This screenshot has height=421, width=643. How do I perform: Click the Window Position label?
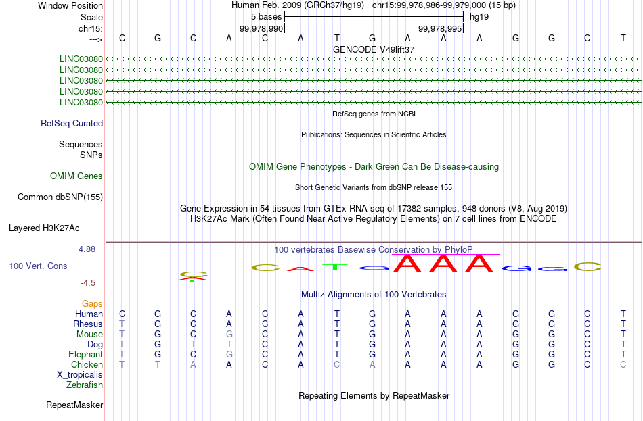tap(70, 5)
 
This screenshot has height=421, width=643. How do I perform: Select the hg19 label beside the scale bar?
tap(479, 17)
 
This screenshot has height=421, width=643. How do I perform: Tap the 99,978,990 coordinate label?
tap(261, 28)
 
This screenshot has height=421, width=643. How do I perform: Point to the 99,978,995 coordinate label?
tap(440, 28)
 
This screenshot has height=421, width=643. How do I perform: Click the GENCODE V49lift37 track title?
tap(374, 49)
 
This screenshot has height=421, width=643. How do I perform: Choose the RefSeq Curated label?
tap(72, 123)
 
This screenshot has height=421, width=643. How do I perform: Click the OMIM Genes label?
tap(76, 176)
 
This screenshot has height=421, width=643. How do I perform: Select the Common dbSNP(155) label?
tap(60, 197)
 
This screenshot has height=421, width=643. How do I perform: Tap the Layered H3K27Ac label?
tap(44, 228)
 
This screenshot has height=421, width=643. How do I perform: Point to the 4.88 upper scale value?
tap(87, 249)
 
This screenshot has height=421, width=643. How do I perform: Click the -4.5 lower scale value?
tap(88, 283)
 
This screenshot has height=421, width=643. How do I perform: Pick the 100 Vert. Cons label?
tap(38, 266)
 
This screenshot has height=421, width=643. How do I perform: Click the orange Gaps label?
tap(92, 304)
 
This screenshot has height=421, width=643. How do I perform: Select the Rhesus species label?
tap(88, 324)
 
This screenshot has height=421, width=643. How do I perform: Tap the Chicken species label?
tap(87, 364)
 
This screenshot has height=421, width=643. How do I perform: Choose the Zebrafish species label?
tap(85, 385)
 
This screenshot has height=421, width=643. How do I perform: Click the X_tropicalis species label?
tap(80, 375)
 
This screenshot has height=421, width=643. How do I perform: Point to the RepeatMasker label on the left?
tap(74, 405)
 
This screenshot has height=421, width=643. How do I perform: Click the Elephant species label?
tap(86, 355)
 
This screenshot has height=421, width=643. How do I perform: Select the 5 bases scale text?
tap(267, 17)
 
